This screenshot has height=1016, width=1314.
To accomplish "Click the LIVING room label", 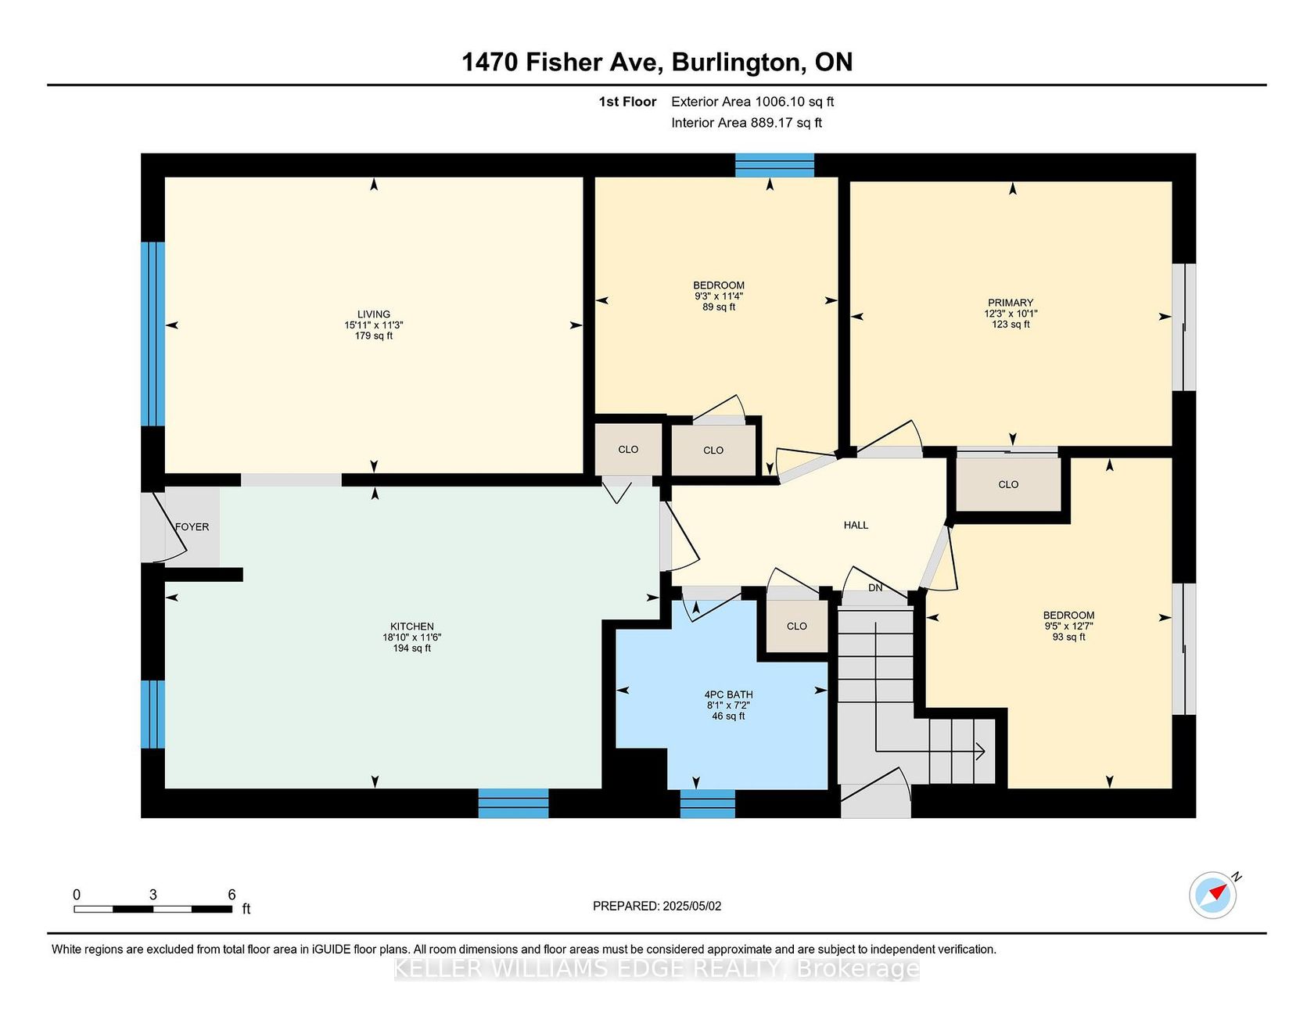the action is pyautogui.click(x=374, y=314).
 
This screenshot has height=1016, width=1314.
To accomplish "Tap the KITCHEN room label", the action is pyautogui.click(x=412, y=626).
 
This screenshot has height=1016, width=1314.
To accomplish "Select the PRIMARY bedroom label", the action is pyautogui.click(x=1011, y=303).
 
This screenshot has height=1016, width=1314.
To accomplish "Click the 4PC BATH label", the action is pyautogui.click(x=728, y=695).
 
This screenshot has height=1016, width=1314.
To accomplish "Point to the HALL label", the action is pyautogui.click(x=856, y=525).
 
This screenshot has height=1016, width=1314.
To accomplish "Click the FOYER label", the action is pyautogui.click(x=192, y=527).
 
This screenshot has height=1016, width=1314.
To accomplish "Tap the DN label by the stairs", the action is pyautogui.click(x=875, y=587).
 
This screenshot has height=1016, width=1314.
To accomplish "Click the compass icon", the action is pyautogui.click(x=1213, y=894).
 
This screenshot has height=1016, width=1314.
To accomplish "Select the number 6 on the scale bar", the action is pyautogui.click(x=232, y=894).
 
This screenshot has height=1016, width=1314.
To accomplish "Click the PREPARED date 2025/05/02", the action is pyautogui.click(x=691, y=906).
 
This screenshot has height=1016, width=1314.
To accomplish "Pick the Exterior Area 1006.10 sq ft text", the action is pyautogui.click(x=752, y=102).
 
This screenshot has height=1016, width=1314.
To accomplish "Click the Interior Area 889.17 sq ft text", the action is pyautogui.click(x=747, y=123).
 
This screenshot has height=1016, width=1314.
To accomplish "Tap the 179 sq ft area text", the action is pyautogui.click(x=374, y=336).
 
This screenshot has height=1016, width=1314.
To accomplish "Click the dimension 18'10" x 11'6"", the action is pyautogui.click(x=412, y=637).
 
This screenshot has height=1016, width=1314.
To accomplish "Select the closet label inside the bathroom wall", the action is pyautogui.click(x=797, y=626).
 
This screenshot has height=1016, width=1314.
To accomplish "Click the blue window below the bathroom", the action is pyautogui.click(x=708, y=803).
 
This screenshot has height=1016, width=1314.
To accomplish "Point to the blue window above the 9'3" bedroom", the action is pyautogui.click(x=774, y=165).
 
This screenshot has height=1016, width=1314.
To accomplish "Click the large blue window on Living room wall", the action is pyautogui.click(x=153, y=334).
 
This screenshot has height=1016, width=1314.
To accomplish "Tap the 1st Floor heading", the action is pyautogui.click(x=627, y=102).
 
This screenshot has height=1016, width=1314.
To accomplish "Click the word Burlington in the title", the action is pyautogui.click(x=739, y=63).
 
